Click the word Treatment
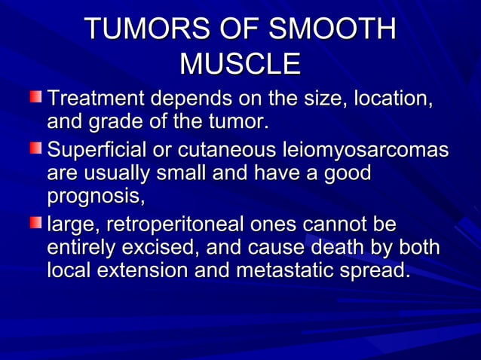click(96, 99)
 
